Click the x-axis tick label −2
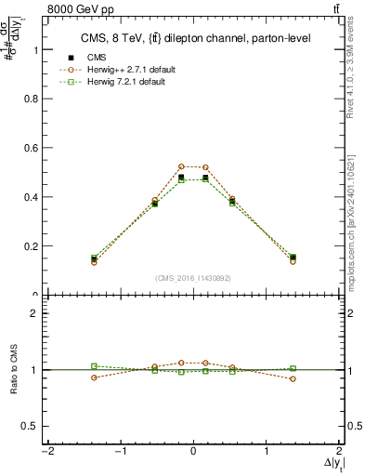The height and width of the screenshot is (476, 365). pos(46,451)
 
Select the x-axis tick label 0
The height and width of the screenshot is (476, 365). pos(193,451)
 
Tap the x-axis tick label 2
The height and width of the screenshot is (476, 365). pos(339,451)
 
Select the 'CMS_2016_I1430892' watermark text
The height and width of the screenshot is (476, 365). pos(193,278)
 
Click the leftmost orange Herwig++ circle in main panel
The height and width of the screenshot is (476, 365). pos(94,262)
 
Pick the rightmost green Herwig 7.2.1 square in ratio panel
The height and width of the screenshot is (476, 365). pos(293,368)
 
